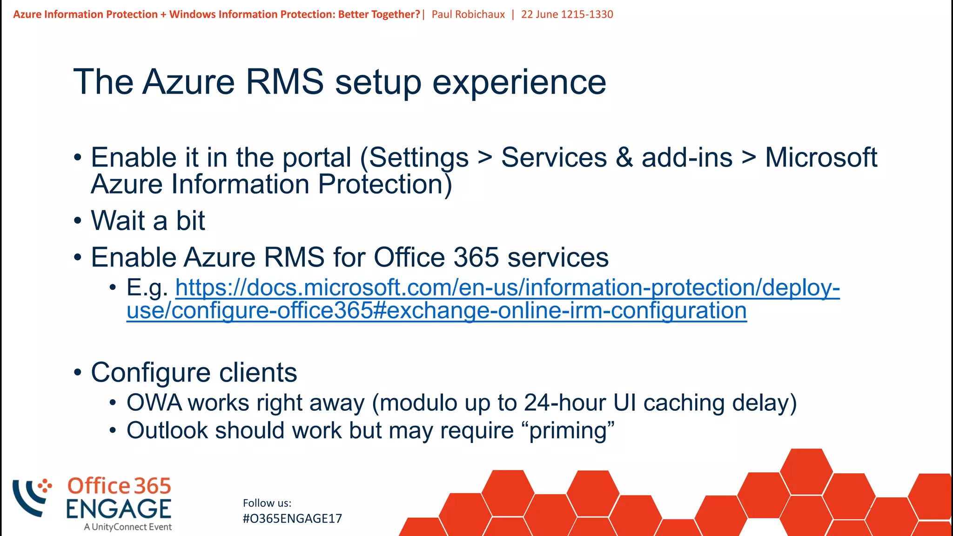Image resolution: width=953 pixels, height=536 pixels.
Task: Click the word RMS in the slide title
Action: (x=284, y=82)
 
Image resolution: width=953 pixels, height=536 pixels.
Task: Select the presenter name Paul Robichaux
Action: (x=468, y=14)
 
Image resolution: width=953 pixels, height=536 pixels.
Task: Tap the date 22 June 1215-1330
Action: (x=567, y=14)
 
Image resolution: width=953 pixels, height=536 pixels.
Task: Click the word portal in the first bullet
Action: (x=316, y=158)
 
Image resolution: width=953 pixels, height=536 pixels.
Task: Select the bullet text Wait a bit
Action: (x=148, y=221)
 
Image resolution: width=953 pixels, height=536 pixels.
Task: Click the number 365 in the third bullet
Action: (x=476, y=257)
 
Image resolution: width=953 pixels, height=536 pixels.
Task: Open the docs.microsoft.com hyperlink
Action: (x=507, y=288)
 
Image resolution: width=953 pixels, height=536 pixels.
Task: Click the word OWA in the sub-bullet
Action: (x=154, y=403)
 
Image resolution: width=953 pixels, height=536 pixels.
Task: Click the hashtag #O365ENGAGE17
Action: (x=292, y=519)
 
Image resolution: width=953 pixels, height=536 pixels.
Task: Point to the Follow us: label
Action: (x=267, y=503)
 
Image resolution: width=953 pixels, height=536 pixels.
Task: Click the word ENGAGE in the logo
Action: (x=119, y=509)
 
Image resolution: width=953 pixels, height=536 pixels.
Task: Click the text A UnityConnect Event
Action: (x=128, y=527)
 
